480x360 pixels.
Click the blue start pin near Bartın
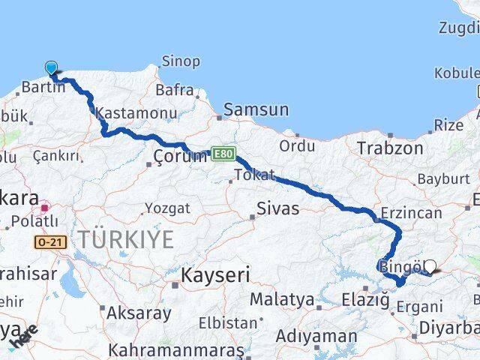click(x=51, y=68)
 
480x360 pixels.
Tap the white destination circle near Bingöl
click(x=430, y=265)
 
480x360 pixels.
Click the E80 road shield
click(x=223, y=153)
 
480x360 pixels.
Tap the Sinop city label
click(x=181, y=61)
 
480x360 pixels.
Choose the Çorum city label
click(x=179, y=156)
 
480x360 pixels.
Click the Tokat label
click(x=250, y=175)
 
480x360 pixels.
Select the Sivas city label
click(x=277, y=208)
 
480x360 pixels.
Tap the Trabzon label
click(x=390, y=148)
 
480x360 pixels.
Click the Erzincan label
click(x=412, y=213)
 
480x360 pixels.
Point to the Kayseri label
click(x=214, y=275)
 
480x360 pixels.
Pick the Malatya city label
click(x=282, y=299)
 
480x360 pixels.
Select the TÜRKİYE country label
click(x=126, y=240)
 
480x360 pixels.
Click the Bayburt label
click(x=442, y=179)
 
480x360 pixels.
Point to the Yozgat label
click(x=166, y=208)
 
